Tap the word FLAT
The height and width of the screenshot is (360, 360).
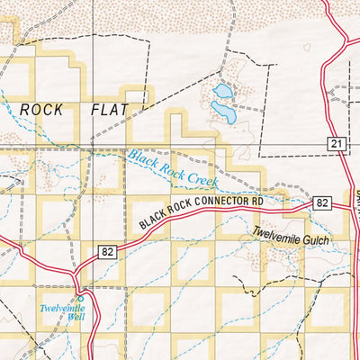click(x=110, y=109)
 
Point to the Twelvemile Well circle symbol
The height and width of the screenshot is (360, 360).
click(x=79, y=298)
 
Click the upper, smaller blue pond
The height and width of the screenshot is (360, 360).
click(x=221, y=91)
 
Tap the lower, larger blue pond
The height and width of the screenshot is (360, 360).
click(x=223, y=112)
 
